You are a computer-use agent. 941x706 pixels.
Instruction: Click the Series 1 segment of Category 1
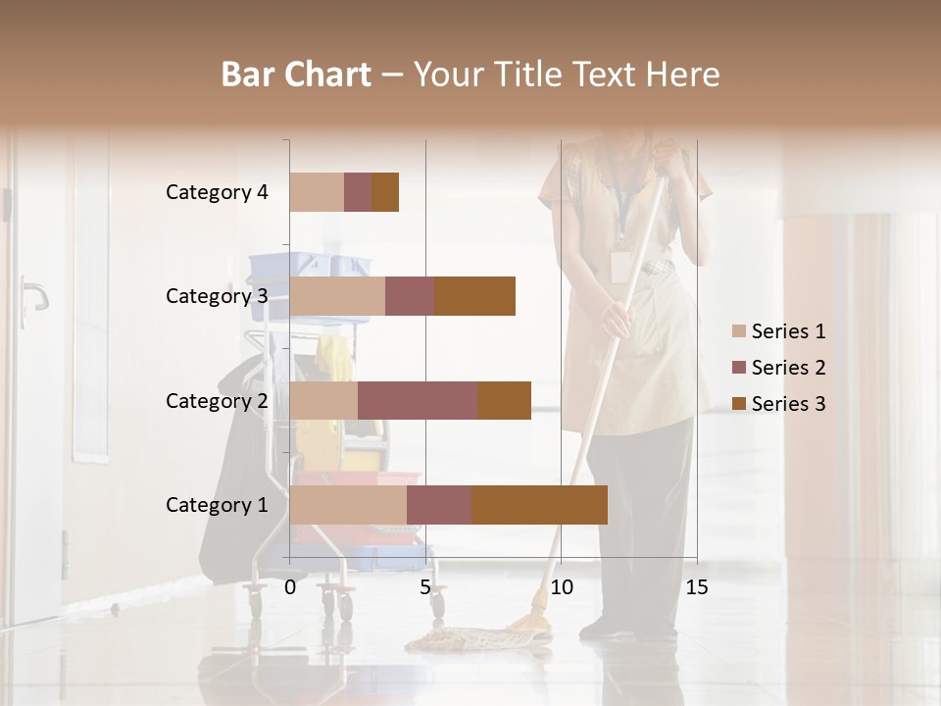click(x=348, y=505)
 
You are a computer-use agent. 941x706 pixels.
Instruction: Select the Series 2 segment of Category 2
click(x=418, y=400)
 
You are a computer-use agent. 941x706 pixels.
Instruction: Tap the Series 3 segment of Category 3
click(x=474, y=296)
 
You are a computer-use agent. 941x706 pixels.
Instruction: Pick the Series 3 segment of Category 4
click(x=385, y=192)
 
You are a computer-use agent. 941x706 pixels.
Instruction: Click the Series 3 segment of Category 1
click(x=539, y=505)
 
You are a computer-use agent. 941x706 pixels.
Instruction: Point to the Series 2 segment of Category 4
click(x=358, y=192)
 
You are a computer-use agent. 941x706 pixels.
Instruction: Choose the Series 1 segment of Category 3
click(x=337, y=296)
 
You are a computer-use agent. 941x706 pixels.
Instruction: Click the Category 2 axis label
click(x=217, y=400)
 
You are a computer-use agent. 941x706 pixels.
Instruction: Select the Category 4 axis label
click(x=217, y=192)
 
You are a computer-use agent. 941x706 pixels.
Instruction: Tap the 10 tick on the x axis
click(x=561, y=587)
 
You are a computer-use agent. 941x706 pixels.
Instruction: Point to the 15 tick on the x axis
click(x=697, y=587)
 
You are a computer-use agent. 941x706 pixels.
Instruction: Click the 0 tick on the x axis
click(x=290, y=587)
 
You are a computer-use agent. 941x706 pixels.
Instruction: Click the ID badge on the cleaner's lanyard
click(x=619, y=266)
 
